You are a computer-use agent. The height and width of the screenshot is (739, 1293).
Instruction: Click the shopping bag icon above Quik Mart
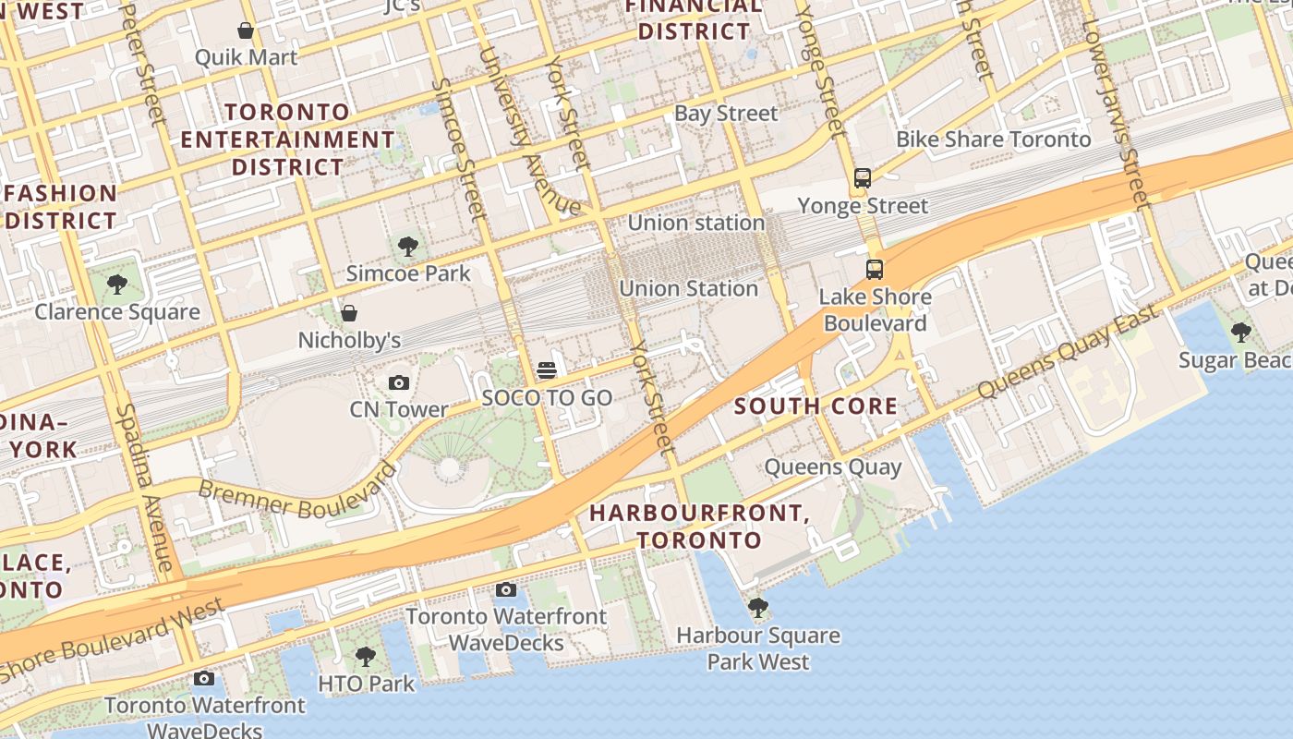[246, 30]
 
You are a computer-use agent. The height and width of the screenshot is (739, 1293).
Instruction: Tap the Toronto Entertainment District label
[288, 139]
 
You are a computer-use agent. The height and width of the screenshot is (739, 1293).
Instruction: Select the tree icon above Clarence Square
[116, 284]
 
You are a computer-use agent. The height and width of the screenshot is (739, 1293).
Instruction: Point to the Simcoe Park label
[408, 273]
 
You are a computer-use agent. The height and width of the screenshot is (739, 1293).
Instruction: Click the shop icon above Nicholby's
[349, 313]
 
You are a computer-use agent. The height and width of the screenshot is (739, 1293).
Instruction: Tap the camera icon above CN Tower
[399, 382]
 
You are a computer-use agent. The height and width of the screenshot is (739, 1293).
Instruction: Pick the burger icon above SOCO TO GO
[547, 371]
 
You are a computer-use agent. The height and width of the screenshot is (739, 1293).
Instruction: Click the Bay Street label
[726, 114]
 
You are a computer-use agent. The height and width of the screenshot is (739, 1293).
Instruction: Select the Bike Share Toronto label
[994, 139]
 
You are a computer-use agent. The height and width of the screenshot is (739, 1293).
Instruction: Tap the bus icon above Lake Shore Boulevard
[874, 270]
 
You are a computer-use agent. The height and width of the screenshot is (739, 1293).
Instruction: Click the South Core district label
[816, 406]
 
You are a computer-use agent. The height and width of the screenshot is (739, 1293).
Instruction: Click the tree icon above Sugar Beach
[1241, 332]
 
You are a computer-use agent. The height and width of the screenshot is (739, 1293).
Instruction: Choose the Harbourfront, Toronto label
[699, 526]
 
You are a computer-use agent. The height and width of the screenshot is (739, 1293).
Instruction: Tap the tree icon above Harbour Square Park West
[758, 607]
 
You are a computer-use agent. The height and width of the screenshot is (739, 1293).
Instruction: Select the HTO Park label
[366, 684]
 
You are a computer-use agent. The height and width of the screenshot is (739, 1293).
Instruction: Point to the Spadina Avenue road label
[146, 487]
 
